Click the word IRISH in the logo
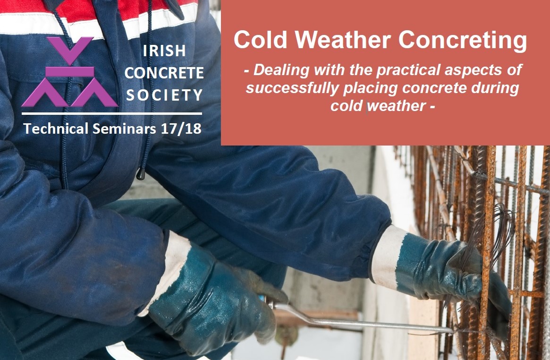164,51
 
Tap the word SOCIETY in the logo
164,95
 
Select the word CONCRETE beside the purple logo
164,73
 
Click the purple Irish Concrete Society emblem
70,72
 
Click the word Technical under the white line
56,129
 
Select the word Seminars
124,129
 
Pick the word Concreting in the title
463,40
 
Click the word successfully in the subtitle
292,88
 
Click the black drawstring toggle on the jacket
141,173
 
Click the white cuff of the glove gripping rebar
386,258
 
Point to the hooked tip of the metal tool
452,330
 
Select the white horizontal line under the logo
111,113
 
